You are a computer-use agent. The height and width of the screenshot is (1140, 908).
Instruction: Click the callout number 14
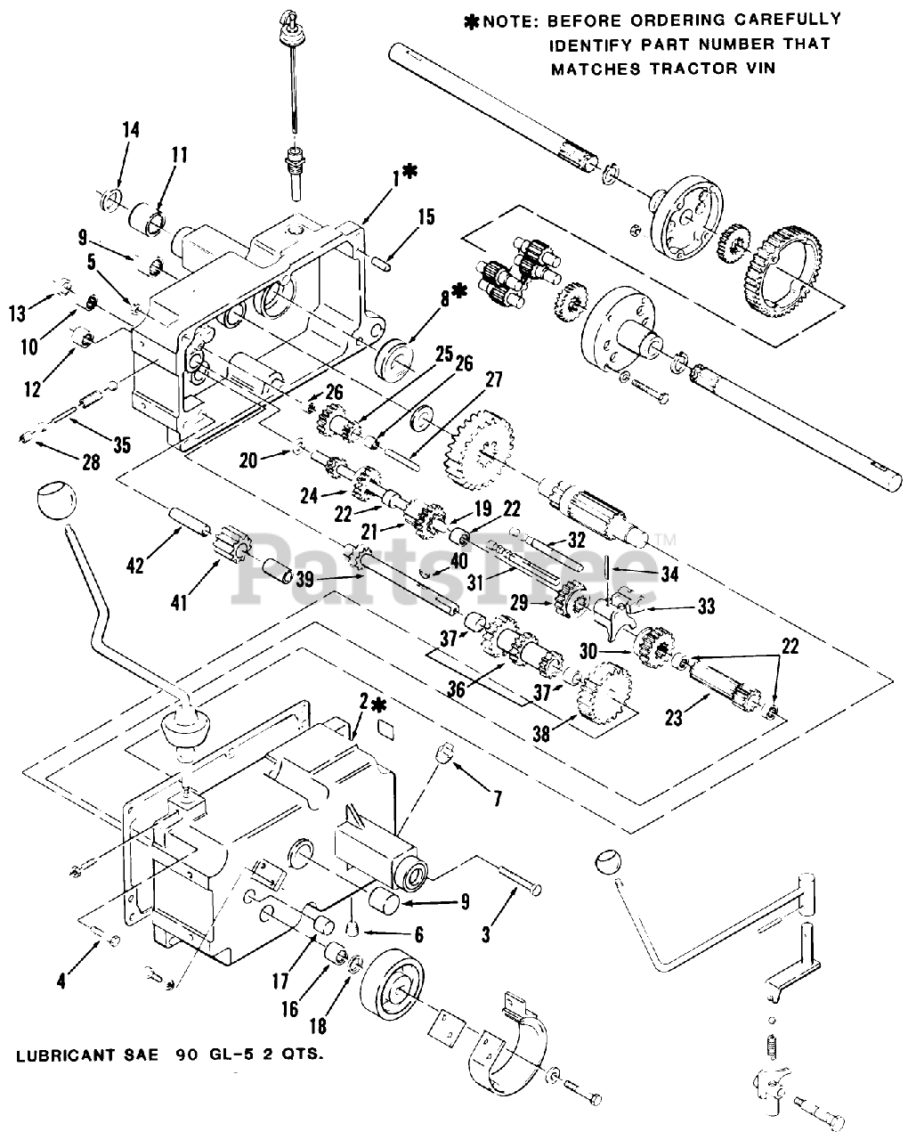(x=130, y=130)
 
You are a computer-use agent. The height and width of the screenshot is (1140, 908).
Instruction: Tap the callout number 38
(x=539, y=731)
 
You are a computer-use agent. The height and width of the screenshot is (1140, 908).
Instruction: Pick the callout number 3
(x=486, y=935)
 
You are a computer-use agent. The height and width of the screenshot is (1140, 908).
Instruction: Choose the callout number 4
(x=61, y=983)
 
